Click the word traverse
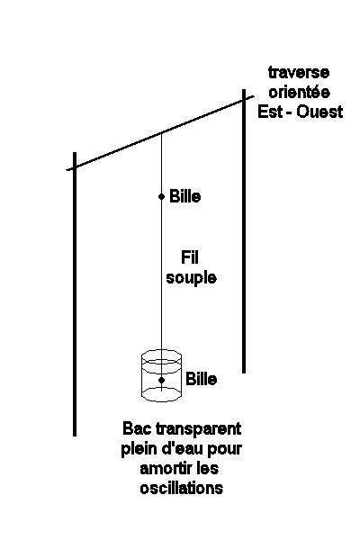(299, 73)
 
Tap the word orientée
(300, 92)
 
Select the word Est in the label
(270, 112)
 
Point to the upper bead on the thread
(162, 196)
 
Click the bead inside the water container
(162, 380)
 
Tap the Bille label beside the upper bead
(185, 196)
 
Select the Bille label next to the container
(202, 379)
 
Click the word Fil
(190, 257)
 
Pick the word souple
(191, 278)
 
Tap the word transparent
(198, 429)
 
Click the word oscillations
(182, 489)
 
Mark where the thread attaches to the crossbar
(162, 133)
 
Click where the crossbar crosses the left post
(75, 167)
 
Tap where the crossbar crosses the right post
(244, 100)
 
